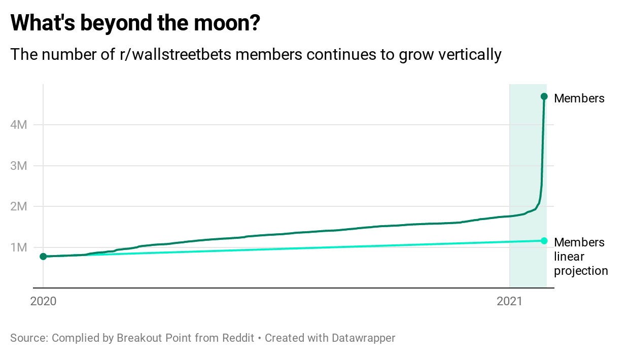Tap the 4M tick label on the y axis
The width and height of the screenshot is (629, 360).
18,125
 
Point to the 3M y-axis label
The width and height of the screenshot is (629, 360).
18,166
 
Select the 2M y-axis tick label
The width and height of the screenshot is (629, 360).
18,206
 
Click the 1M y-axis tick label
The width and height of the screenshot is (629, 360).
18,247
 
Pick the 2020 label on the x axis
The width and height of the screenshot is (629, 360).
43,301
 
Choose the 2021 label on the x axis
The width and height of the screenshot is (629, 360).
509,301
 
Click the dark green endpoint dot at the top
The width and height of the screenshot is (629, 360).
544,96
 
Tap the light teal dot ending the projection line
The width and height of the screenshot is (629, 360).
544,240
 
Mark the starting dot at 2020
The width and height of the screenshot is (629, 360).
43,257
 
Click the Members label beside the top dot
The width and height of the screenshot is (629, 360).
579,98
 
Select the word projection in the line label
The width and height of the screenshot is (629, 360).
581,271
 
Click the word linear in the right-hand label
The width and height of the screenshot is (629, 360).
569,257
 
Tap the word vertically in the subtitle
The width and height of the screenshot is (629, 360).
470,54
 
